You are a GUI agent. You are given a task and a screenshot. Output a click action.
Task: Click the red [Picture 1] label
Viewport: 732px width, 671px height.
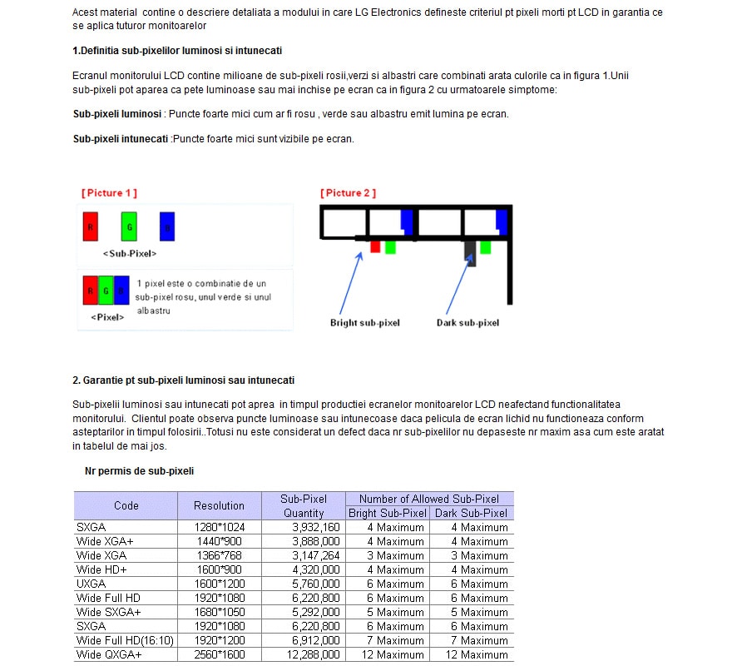(x=109, y=193)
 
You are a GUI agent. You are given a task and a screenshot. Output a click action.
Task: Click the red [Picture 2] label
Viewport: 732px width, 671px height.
(x=348, y=193)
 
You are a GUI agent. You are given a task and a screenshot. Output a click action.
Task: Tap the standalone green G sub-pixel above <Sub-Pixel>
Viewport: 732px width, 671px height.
(x=128, y=226)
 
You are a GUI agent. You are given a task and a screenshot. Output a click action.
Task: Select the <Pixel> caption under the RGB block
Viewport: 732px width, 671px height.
(x=107, y=317)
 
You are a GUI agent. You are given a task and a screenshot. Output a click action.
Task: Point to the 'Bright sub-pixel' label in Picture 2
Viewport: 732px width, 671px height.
(x=365, y=323)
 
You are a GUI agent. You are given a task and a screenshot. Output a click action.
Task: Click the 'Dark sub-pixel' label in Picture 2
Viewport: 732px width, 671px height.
(x=468, y=323)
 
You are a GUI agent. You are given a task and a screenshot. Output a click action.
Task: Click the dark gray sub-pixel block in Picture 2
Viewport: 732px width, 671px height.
(x=470, y=251)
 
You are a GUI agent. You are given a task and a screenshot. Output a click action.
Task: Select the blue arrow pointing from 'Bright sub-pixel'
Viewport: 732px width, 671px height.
(x=349, y=278)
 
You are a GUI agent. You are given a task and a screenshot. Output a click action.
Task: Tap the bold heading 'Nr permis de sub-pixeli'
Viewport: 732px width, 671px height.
(x=139, y=471)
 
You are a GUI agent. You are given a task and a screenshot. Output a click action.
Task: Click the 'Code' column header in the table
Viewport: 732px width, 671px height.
(x=126, y=505)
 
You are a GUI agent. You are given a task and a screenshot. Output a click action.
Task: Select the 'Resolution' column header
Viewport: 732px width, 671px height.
(x=219, y=505)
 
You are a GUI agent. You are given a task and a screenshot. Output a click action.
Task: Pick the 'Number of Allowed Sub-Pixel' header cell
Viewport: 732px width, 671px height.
(x=429, y=499)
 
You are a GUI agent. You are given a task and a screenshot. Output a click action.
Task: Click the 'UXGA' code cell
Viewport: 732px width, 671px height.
(x=91, y=584)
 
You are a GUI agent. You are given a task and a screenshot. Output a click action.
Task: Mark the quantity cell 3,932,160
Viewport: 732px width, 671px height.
(x=315, y=527)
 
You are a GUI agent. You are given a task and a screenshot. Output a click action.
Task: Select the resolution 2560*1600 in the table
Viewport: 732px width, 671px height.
(x=220, y=654)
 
